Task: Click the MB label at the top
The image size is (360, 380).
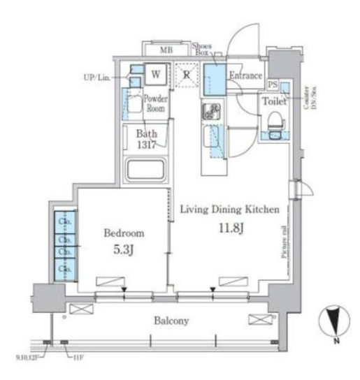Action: tap(166, 50)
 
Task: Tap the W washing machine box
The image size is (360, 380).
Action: tap(157, 73)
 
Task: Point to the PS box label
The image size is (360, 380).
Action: tap(273, 84)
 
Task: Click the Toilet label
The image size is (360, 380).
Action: tap(273, 101)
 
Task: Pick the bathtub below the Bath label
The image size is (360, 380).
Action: tap(145, 170)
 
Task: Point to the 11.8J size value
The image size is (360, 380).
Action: tap(231, 228)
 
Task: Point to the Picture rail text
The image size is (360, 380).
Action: tap(285, 241)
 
